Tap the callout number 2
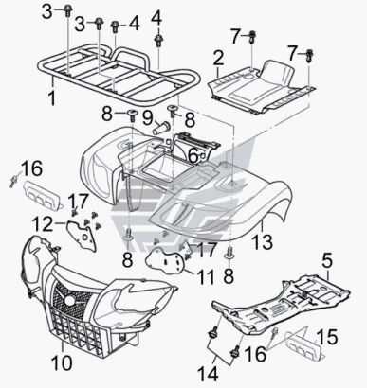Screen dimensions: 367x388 (218, 59)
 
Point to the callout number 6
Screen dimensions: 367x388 (193, 155)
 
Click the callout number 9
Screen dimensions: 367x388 (148, 118)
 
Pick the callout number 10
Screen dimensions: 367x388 (62, 362)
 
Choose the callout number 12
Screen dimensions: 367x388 (43, 224)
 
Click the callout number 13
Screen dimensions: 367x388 (263, 241)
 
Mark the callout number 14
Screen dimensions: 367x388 (208, 375)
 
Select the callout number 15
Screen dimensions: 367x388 (327, 337)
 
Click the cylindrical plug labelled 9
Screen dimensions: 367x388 (161, 128)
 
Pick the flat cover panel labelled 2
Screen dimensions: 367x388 (262, 87)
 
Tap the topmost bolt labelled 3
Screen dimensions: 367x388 (67, 10)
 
